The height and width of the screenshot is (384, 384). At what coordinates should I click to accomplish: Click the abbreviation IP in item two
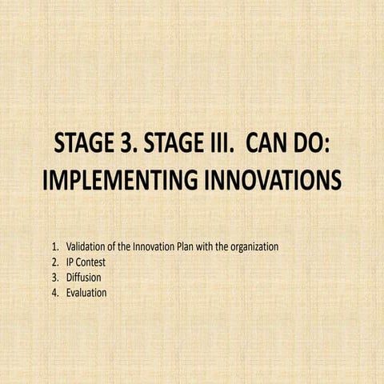[70, 262]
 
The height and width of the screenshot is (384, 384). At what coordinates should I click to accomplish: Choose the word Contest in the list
[93, 262]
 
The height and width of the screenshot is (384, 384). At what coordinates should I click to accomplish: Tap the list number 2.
[54, 262]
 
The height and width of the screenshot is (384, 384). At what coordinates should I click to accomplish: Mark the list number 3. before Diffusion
[54, 278]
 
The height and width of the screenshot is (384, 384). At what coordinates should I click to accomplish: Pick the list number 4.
[54, 294]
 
